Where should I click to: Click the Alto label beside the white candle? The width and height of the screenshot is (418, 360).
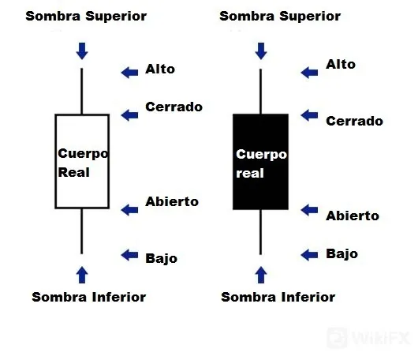point(160,69)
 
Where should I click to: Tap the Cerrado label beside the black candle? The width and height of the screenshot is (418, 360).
point(354,121)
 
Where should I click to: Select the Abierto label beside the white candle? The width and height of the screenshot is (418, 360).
point(172,201)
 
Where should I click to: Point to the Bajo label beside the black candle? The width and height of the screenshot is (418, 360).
point(341,254)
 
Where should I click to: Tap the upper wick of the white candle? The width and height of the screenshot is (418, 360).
point(81,91)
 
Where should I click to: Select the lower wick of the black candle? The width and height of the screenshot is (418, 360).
point(260,232)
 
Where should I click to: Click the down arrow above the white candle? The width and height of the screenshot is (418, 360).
point(82,51)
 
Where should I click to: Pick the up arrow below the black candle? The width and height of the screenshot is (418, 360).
point(261,275)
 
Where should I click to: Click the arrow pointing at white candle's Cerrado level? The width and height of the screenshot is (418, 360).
point(129,115)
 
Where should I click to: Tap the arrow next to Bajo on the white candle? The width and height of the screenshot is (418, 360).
point(129,255)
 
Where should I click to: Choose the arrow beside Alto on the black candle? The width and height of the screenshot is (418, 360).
point(309,73)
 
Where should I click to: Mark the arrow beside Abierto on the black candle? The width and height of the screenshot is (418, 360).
point(309,210)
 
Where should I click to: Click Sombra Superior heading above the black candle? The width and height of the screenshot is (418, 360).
point(280,16)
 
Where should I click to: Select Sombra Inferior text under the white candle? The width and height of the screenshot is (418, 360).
point(89,297)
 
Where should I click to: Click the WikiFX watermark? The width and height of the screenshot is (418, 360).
point(368,339)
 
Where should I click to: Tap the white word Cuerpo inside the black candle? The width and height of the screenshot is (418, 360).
point(261,155)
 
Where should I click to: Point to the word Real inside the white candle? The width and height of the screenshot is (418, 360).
point(73,172)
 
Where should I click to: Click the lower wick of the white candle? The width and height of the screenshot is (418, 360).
point(81,231)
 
